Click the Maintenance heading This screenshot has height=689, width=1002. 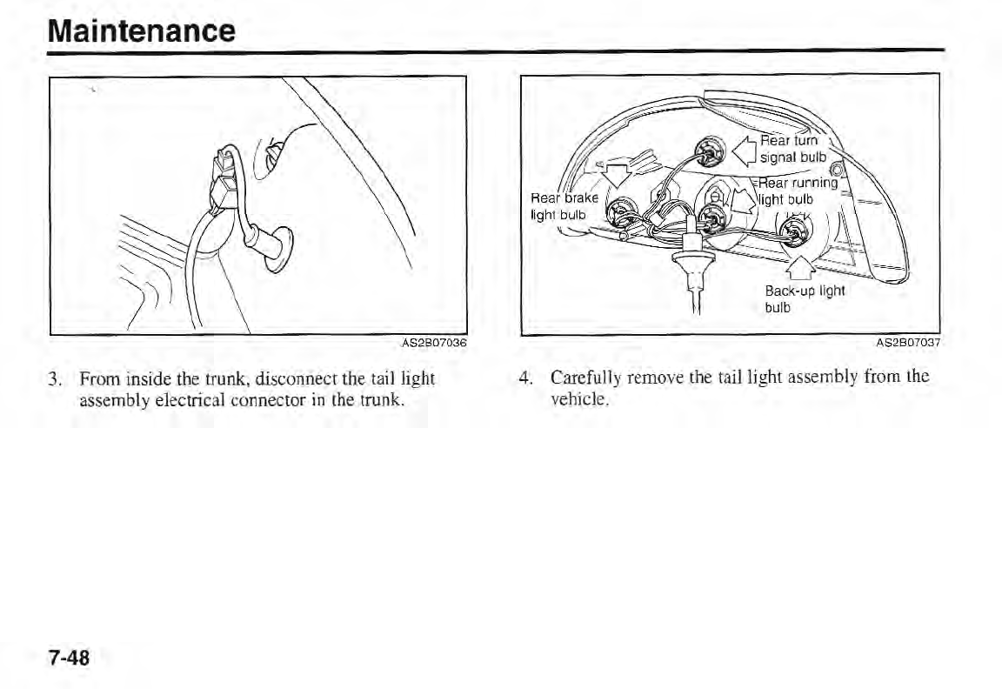[x=141, y=30]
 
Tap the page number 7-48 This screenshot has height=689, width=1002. [x=69, y=658]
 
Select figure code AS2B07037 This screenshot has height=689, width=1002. [x=910, y=344]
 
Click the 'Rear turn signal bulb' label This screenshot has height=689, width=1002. [x=792, y=149]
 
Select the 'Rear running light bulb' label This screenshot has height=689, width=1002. [x=798, y=191]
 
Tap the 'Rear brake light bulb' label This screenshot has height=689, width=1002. [x=560, y=205]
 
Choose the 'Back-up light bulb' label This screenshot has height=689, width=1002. [x=804, y=298]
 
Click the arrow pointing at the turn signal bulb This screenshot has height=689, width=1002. [x=744, y=148]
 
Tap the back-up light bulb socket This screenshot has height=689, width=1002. [x=791, y=230]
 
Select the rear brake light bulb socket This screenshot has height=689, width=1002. [x=621, y=211]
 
